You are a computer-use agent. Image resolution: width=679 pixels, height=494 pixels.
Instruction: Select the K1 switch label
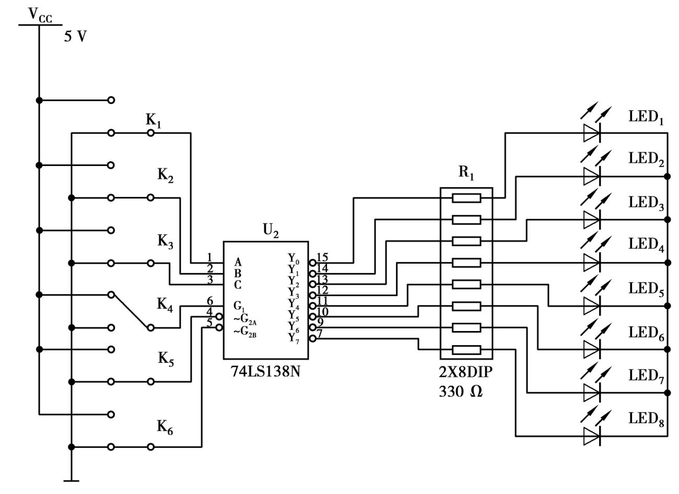[x=153, y=121]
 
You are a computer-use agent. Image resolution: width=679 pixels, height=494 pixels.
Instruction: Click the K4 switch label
[x=165, y=305]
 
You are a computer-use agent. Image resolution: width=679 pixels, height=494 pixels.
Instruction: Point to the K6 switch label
[x=165, y=428]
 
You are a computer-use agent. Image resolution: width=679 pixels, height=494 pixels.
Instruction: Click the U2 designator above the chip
[x=271, y=231]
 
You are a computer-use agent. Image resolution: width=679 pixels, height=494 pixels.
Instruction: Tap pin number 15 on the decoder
[x=322, y=257]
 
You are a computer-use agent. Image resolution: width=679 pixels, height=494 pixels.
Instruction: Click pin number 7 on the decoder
[x=320, y=333]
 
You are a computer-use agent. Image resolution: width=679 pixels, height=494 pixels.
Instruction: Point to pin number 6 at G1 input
[x=209, y=301]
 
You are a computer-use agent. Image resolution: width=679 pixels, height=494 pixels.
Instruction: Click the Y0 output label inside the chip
[x=294, y=258]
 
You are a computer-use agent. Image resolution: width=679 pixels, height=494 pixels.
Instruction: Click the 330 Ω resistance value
[x=461, y=392]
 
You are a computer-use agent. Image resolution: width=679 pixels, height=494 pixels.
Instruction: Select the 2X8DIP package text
[x=466, y=373]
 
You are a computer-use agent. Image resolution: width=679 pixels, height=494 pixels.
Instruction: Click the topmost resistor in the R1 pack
[x=466, y=198]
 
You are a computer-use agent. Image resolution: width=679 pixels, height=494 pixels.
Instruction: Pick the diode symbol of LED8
[x=592, y=436]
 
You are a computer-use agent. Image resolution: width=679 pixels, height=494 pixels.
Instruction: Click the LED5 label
[x=646, y=289]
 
